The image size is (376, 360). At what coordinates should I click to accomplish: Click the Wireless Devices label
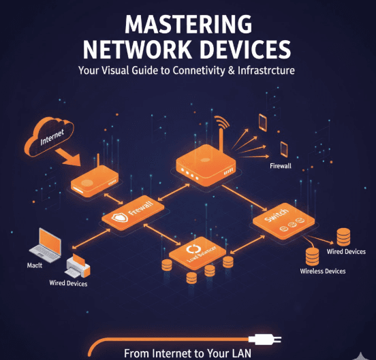322,271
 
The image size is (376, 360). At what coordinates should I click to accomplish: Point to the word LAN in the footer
240,353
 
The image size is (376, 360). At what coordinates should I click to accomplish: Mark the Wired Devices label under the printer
68,283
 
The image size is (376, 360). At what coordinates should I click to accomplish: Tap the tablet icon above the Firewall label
262,122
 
